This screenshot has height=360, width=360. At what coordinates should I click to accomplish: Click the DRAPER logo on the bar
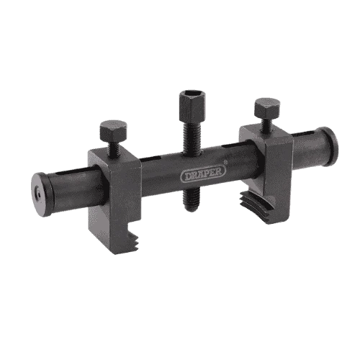(203, 174)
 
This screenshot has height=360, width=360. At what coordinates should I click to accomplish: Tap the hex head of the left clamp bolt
(113, 131)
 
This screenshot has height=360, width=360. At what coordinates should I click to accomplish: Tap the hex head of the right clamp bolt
(267, 108)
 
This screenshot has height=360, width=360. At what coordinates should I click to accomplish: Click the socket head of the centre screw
(192, 107)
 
